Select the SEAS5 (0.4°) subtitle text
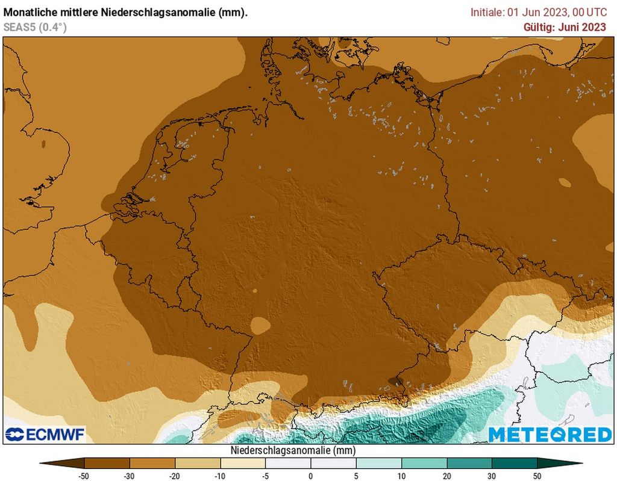(x=35, y=26)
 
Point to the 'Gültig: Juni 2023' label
(x=565, y=26)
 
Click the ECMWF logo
(x=45, y=434)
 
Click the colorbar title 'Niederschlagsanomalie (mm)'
(x=293, y=450)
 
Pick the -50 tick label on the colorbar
(x=84, y=476)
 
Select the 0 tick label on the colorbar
(x=311, y=476)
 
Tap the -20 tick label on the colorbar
(x=175, y=476)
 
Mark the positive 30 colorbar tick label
(x=492, y=476)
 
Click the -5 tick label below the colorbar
(x=265, y=476)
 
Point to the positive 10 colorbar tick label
(x=401, y=476)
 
